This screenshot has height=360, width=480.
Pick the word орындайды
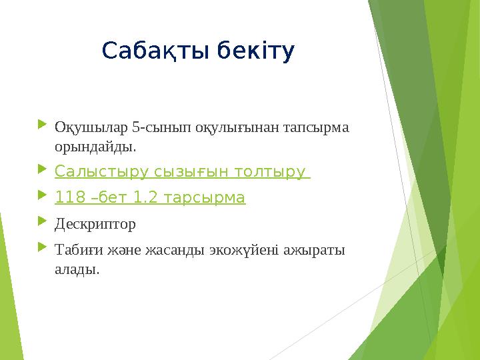[x=95, y=145]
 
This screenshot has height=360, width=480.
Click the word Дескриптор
[x=95, y=224]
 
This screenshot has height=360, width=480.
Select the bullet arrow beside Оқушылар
[x=43, y=125]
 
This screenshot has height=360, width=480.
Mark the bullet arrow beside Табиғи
[x=43, y=248]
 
